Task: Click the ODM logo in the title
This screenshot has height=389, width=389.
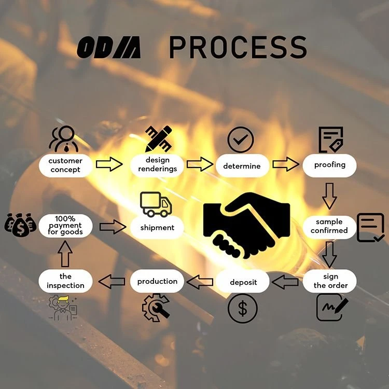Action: coord(109,47)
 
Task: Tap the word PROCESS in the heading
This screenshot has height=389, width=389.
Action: coord(238,47)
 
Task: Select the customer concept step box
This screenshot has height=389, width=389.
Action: coord(65,165)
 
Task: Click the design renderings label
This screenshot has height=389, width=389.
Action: coord(157,164)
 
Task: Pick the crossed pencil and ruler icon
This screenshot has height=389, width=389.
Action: coord(159,138)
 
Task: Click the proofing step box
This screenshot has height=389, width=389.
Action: coord(329,165)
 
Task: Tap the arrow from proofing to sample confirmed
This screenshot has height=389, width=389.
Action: coord(329,196)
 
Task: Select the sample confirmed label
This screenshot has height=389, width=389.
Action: coord(329,226)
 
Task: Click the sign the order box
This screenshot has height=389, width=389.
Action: coord(329,281)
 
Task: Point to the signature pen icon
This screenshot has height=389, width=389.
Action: coord(332,307)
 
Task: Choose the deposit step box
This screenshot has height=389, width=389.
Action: coord(242,281)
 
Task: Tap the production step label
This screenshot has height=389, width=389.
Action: coord(157,281)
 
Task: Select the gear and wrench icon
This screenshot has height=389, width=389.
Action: coord(156,308)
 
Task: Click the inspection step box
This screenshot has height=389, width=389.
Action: coord(65,281)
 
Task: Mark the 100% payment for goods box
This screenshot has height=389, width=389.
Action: coord(65,226)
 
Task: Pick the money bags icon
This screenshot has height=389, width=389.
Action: coord(20,225)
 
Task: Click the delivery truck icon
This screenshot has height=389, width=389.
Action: coord(156,204)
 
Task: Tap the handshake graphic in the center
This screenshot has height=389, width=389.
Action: coord(246,226)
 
